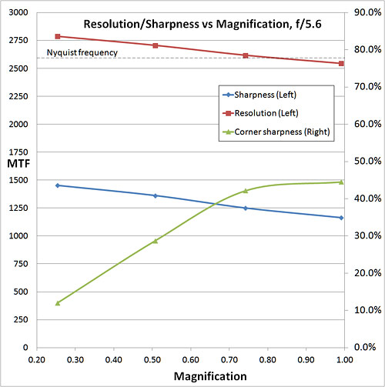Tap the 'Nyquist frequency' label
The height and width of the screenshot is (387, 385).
pyautogui.click(x=82, y=53)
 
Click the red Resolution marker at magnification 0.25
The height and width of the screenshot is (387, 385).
pyautogui.click(x=57, y=36)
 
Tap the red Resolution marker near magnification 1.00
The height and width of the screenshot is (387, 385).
pyautogui.click(x=341, y=63)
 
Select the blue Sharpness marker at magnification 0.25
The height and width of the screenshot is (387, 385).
pyautogui.click(x=57, y=185)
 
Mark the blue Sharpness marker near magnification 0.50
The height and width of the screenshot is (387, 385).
pyautogui.click(x=155, y=195)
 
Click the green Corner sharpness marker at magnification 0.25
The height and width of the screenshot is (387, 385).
pyautogui.click(x=57, y=303)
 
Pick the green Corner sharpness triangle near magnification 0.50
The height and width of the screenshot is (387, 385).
pyautogui.click(x=155, y=241)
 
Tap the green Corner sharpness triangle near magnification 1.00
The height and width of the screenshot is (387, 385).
pyautogui.click(x=341, y=182)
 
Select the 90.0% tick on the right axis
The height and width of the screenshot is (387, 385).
pyautogui.click(x=362, y=13)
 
